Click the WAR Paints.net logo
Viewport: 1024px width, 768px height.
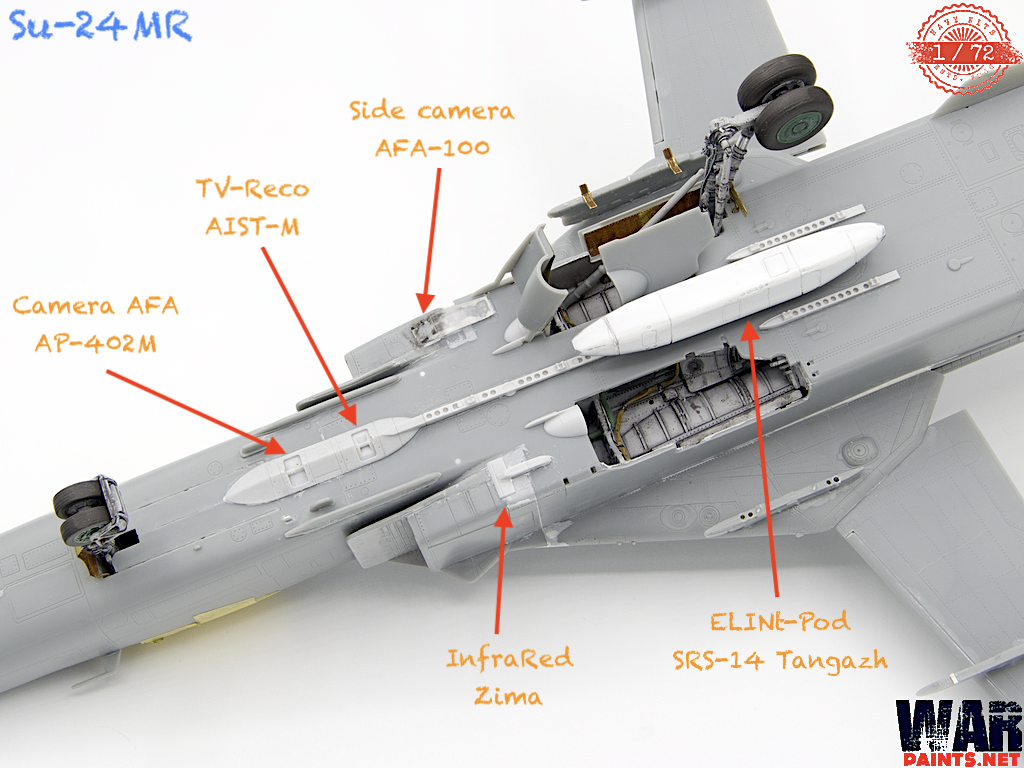[959, 728]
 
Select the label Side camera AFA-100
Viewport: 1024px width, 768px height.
[432, 129]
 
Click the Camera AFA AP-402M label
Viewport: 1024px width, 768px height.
[95, 322]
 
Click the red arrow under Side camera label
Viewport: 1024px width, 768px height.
[431, 236]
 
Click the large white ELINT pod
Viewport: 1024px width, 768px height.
[730, 289]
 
